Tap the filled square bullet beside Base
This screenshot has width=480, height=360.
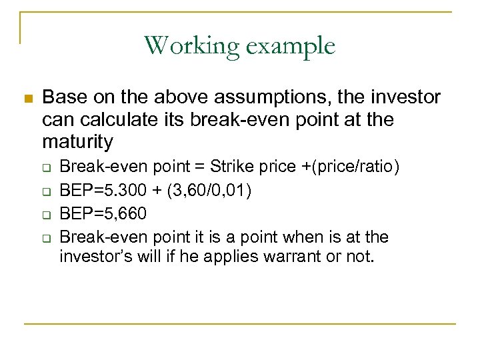tap(27, 99)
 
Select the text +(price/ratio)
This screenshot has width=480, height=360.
tap(351, 165)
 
